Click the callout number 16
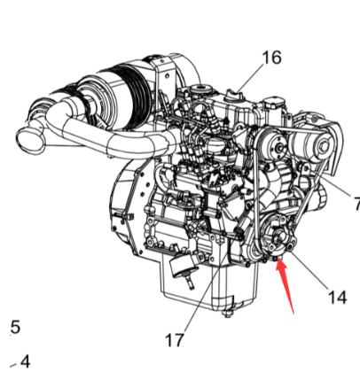tap(270, 58)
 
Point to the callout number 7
tap(355, 202)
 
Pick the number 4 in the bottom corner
tap(24, 360)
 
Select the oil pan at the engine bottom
tap(200, 288)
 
